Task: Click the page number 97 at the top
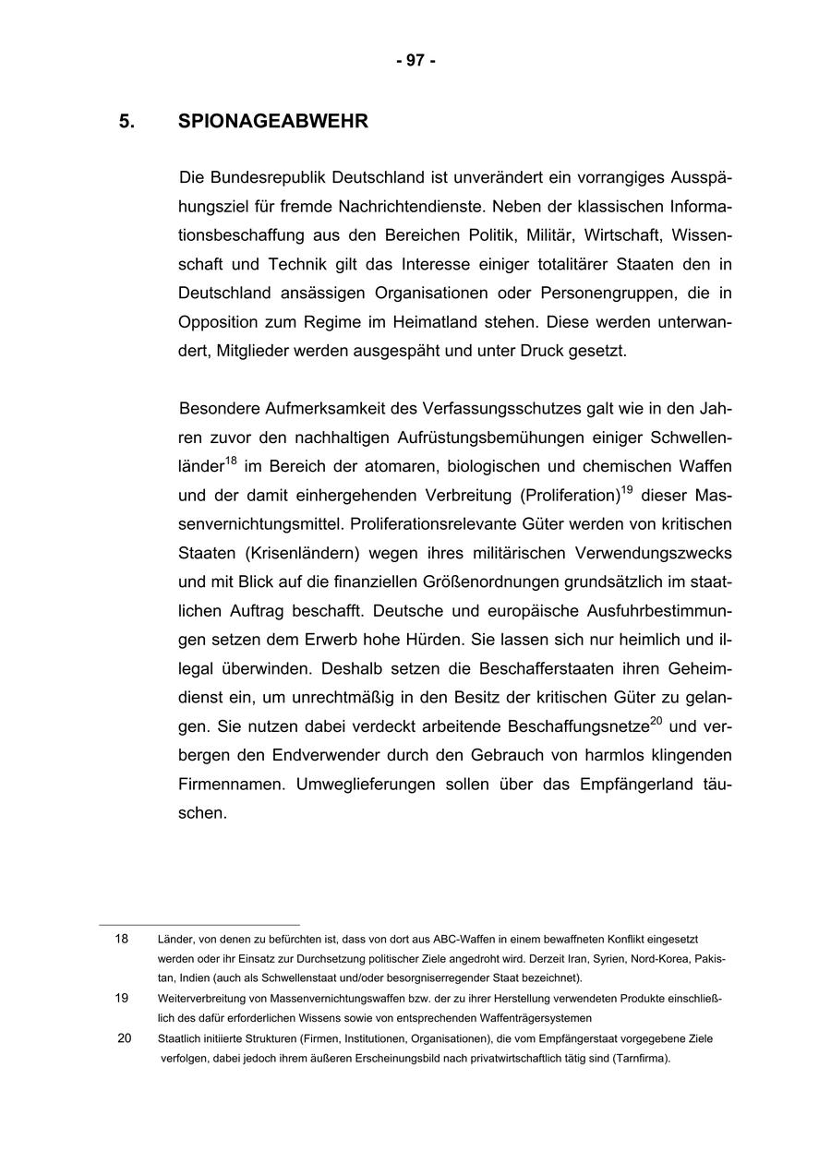[x=415, y=61]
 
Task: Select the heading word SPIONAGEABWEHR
[x=272, y=122]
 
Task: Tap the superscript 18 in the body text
[x=231, y=460]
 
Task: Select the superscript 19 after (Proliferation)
[x=626, y=489]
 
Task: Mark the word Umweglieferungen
[x=362, y=785]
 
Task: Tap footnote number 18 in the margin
[x=122, y=939]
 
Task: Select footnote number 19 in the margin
[x=122, y=998]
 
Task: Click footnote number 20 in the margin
[x=124, y=1038]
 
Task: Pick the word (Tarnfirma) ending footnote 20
[x=640, y=1059]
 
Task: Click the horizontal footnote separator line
[x=199, y=924]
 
